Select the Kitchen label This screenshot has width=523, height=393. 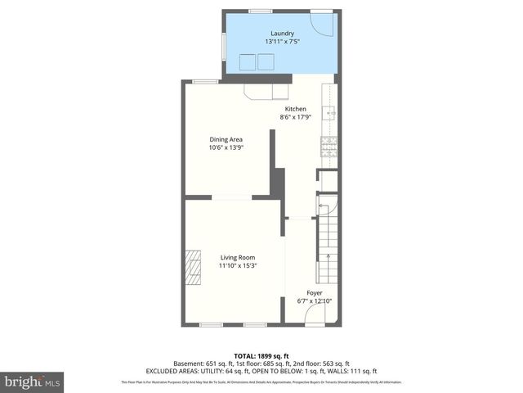pyautogui.click(x=295, y=109)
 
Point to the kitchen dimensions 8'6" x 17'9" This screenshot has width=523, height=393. pyautogui.click(x=295, y=117)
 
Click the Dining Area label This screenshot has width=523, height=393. pyautogui.click(x=226, y=139)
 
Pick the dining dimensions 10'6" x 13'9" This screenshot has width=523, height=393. pyautogui.click(x=226, y=147)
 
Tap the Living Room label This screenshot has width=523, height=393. pyautogui.click(x=237, y=258)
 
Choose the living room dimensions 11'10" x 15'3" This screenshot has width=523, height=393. pyautogui.click(x=237, y=266)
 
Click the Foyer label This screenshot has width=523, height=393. pyautogui.click(x=314, y=292)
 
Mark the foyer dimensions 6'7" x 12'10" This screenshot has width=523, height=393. pyautogui.click(x=314, y=300)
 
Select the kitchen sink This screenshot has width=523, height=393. pyautogui.click(x=330, y=114)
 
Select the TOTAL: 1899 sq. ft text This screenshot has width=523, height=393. pyautogui.click(x=261, y=356)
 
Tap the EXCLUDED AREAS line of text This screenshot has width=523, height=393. pyautogui.click(x=261, y=371)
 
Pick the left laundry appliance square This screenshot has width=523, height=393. pyautogui.click(x=246, y=62)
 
